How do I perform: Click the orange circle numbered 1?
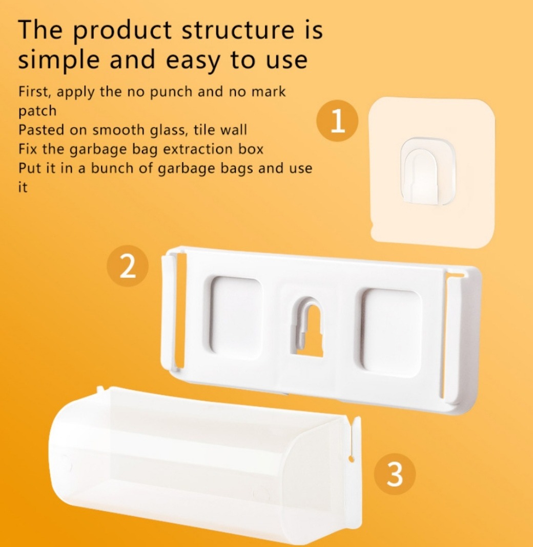pyautogui.click(x=337, y=120)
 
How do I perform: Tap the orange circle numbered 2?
pyautogui.click(x=128, y=266)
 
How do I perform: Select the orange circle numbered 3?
pyautogui.click(x=395, y=474)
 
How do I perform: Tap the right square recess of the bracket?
pyautogui.click(x=389, y=332)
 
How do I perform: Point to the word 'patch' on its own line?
pyautogui.click(x=37, y=111)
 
